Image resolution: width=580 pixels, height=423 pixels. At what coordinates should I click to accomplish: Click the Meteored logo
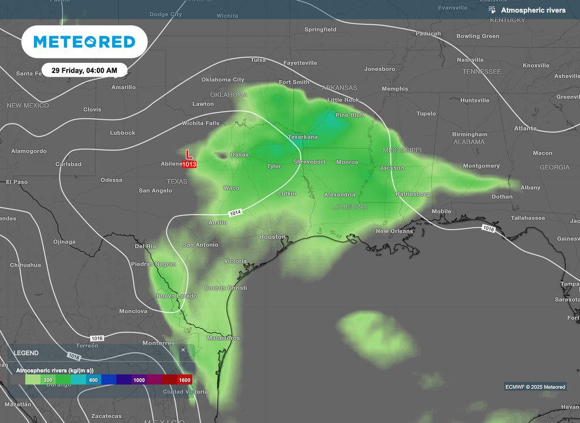[84, 41]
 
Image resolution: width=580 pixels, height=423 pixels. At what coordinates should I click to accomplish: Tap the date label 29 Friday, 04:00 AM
[84, 71]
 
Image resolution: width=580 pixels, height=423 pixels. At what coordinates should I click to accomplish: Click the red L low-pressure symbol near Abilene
[189, 154]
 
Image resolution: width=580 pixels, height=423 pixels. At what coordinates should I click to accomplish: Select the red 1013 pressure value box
[189, 164]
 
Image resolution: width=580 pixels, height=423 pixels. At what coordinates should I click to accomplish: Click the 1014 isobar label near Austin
[236, 213]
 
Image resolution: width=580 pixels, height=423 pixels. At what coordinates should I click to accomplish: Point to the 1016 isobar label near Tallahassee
[489, 228]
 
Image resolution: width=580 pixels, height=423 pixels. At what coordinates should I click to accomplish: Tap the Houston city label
[272, 236]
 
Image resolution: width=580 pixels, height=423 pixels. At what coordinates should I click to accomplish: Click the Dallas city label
[239, 154]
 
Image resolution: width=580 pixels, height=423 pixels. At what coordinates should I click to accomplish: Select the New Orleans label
[394, 231]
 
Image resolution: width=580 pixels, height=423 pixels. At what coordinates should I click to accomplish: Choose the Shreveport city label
[309, 162]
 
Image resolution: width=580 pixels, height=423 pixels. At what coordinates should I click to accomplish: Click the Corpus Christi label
[225, 288]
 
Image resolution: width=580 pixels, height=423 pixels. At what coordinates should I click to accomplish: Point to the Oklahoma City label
[223, 79]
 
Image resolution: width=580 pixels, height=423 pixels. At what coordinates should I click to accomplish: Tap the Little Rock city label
[343, 100]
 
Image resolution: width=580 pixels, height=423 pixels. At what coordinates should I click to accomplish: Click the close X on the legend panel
[183, 350]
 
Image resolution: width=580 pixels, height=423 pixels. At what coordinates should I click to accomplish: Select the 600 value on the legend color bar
[93, 380]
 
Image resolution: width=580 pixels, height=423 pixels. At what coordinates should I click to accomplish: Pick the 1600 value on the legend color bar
[185, 380]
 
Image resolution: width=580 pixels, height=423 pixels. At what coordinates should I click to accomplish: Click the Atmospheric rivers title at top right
[532, 10]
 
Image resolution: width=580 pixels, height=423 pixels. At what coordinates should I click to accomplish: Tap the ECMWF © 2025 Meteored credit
[535, 387]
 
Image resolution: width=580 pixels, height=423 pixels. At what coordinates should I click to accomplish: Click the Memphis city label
[394, 88]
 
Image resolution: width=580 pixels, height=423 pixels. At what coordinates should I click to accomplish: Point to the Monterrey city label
[159, 343]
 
